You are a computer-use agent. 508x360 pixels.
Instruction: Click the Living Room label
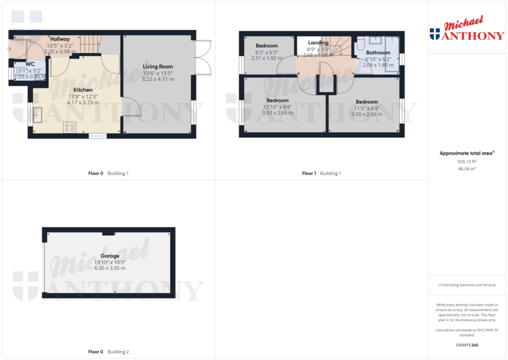click(158, 67)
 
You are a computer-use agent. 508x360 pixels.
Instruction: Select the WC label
click(30, 64)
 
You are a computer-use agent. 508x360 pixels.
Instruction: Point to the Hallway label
click(60, 39)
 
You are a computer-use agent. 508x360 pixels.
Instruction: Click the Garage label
click(110, 256)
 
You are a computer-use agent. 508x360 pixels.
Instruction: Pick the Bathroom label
click(378, 53)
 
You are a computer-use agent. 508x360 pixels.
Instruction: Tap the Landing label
click(318, 43)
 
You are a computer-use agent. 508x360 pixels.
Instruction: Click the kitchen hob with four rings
click(69, 128)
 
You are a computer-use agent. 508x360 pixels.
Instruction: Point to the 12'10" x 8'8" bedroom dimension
click(277, 107)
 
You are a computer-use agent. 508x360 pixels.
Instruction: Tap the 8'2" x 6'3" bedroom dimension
click(267, 52)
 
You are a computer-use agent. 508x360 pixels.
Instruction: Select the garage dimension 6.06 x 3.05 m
click(110, 268)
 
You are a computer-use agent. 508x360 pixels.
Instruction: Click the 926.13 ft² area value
click(466, 161)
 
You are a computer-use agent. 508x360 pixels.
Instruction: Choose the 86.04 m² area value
click(466, 169)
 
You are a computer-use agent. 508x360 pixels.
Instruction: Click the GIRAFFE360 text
click(466, 345)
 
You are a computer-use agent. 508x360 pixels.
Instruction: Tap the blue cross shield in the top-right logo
click(435, 34)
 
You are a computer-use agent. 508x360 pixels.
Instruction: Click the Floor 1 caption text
click(309, 173)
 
